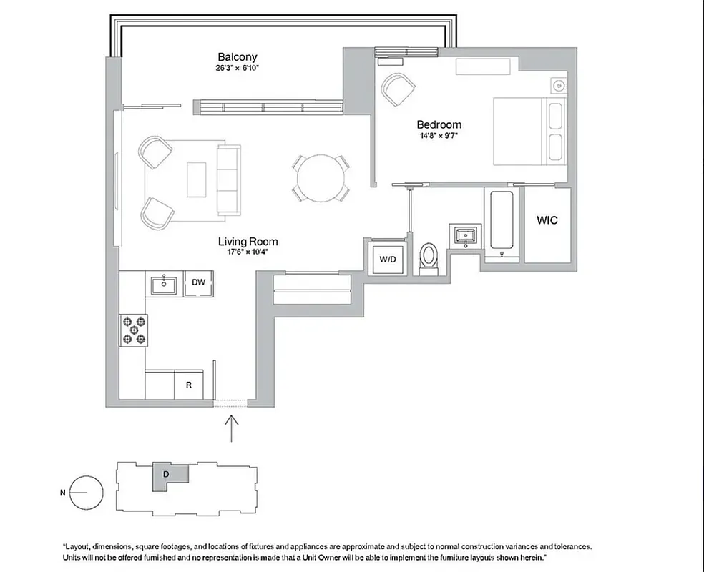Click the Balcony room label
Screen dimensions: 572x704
pos(237,57)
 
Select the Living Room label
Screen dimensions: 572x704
pos(248,242)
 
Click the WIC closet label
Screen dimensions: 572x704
pos(547,220)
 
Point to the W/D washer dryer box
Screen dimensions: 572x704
pos(387,259)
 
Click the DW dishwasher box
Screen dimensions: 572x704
pos(198,282)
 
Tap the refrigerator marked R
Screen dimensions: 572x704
pos(189,385)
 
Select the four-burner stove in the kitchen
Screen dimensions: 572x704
pos(134,330)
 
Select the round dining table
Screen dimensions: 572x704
pos(320,176)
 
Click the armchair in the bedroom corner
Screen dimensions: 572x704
pos(398,89)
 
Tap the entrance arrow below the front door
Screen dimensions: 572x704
pos(231,428)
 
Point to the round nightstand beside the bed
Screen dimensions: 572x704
pos(557,87)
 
